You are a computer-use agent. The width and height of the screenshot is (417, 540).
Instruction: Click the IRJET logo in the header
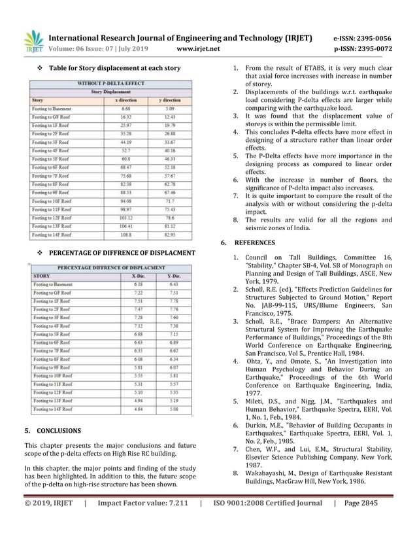(33, 42)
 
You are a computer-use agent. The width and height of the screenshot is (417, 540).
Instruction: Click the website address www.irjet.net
(198, 48)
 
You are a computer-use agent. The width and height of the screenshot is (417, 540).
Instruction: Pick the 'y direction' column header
(169, 100)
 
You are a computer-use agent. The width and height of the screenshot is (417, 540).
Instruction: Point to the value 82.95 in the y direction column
(169, 234)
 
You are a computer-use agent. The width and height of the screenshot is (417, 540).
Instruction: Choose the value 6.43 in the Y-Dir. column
(174, 284)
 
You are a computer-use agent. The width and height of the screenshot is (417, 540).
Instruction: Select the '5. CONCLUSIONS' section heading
(52, 431)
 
